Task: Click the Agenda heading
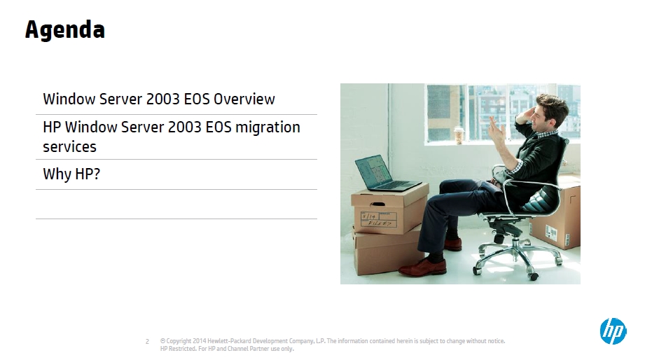tap(65, 30)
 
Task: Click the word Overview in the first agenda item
tap(244, 99)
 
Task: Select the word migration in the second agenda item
tap(268, 128)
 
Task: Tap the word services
tap(69, 147)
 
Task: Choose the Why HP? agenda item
tap(71, 174)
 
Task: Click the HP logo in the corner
tap(613, 331)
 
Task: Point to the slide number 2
tap(147, 342)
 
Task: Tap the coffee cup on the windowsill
tap(459, 135)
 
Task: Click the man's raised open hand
tap(497, 131)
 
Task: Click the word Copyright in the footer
tap(179, 341)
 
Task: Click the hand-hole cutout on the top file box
tap(377, 204)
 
